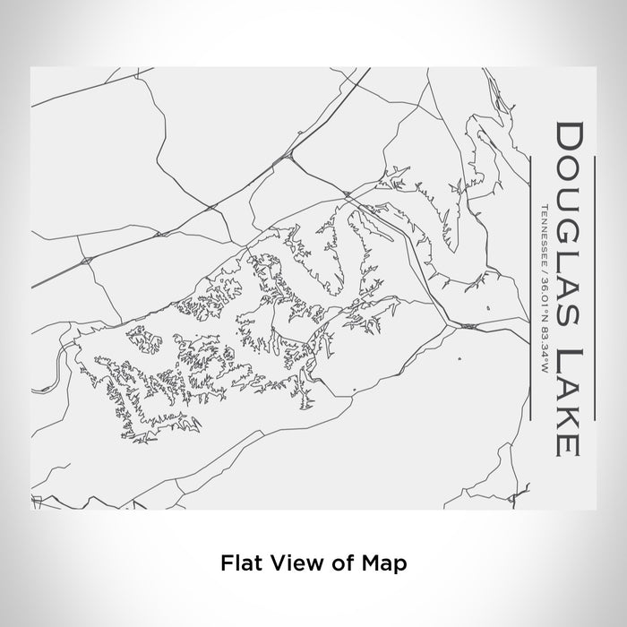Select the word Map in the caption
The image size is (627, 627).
[388, 563]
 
